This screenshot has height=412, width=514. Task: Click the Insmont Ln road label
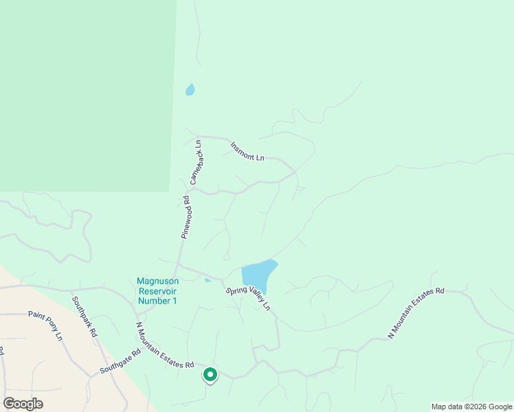pos(247,151)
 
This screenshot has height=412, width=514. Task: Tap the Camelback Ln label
pos(195,162)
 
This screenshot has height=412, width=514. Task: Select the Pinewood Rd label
pos(186,217)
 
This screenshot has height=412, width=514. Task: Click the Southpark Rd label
pos(85,317)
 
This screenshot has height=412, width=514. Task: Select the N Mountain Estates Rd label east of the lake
pos(416,312)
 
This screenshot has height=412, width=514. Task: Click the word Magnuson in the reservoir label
pos(157,281)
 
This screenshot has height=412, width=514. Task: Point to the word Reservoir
pos(157,291)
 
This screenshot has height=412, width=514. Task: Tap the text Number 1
pos(157,301)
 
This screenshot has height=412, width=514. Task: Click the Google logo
pos(23,404)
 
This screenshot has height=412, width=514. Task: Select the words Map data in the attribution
pos(445,407)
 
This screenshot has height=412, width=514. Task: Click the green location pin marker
pos(210,375)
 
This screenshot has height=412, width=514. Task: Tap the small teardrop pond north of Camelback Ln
pos(190,90)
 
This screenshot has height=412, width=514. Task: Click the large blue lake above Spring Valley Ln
pos(258,275)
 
